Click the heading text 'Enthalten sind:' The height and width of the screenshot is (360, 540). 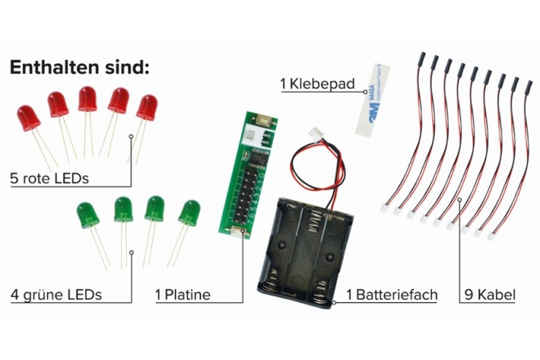coord(79,67)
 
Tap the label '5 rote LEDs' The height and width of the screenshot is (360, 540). coord(49,179)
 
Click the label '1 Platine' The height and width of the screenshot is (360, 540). coord(183,294)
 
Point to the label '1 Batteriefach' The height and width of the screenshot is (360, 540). coord(392,294)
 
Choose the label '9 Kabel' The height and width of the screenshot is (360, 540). coord(490,294)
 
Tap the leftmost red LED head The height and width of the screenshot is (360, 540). coord(28,117)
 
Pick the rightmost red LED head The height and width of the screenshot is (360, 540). coord(147,106)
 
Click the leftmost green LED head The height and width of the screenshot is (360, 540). coord(87,214)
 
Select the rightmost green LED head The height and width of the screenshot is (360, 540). coord(189,212)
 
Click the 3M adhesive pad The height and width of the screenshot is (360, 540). coord(372,99)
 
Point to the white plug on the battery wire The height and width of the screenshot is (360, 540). coord(316,133)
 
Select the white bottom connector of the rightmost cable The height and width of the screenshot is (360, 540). coord(491,234)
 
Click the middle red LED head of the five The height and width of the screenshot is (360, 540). coord(87,99)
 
